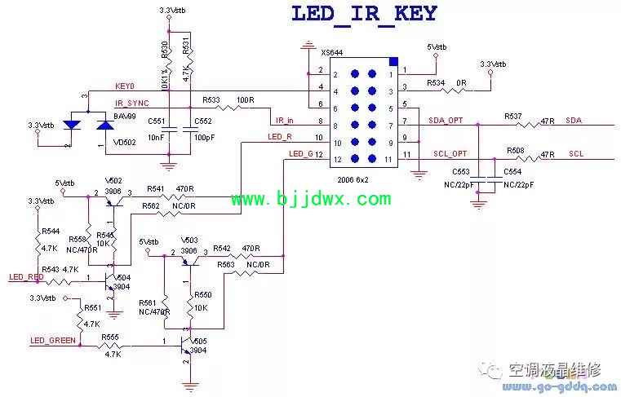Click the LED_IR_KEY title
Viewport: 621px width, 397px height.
[x=364, y=14]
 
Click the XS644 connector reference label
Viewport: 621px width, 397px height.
[x=332, y=53]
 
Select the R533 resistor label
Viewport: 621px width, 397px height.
[x=211, y=100]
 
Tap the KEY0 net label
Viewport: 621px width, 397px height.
[x=125, y=85]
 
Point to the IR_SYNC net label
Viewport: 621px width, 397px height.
[x=132, y=104]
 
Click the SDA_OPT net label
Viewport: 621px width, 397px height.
[x=446, y=120]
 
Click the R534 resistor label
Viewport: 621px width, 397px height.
[x=437, y=82]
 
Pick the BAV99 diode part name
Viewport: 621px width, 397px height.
[x=124, y=117]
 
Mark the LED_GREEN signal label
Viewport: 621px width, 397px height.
[x=53, y=341]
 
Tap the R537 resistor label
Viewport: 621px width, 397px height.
[x=514, y=116]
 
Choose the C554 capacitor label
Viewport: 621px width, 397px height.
[x=512, y=173]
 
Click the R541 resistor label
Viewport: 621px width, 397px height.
[x=156, y=188]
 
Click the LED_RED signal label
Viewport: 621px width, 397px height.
[x=26, y=277]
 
